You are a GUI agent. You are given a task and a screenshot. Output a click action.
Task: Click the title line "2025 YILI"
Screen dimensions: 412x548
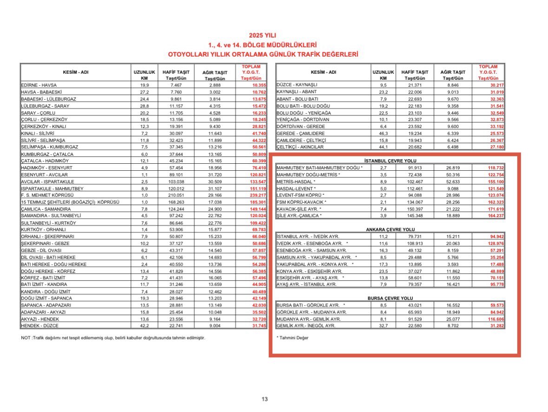(263, 35)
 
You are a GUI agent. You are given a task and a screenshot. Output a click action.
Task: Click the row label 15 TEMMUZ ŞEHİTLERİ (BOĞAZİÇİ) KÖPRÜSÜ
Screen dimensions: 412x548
(70, 202)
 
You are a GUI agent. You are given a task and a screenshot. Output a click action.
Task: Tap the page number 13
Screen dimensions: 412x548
(264, 399)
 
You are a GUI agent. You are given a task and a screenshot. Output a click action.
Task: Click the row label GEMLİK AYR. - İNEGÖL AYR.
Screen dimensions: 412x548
(306, 325)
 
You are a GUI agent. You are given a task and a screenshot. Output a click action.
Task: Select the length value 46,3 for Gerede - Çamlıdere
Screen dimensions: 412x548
(383, 133)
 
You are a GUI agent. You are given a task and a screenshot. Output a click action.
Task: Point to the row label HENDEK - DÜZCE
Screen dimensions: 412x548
(39, 325)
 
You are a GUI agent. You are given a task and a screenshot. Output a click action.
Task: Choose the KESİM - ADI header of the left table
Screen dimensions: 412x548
(75, 72)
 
